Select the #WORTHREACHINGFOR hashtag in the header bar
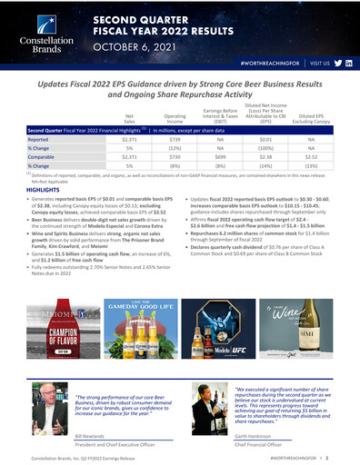point(268,67)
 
